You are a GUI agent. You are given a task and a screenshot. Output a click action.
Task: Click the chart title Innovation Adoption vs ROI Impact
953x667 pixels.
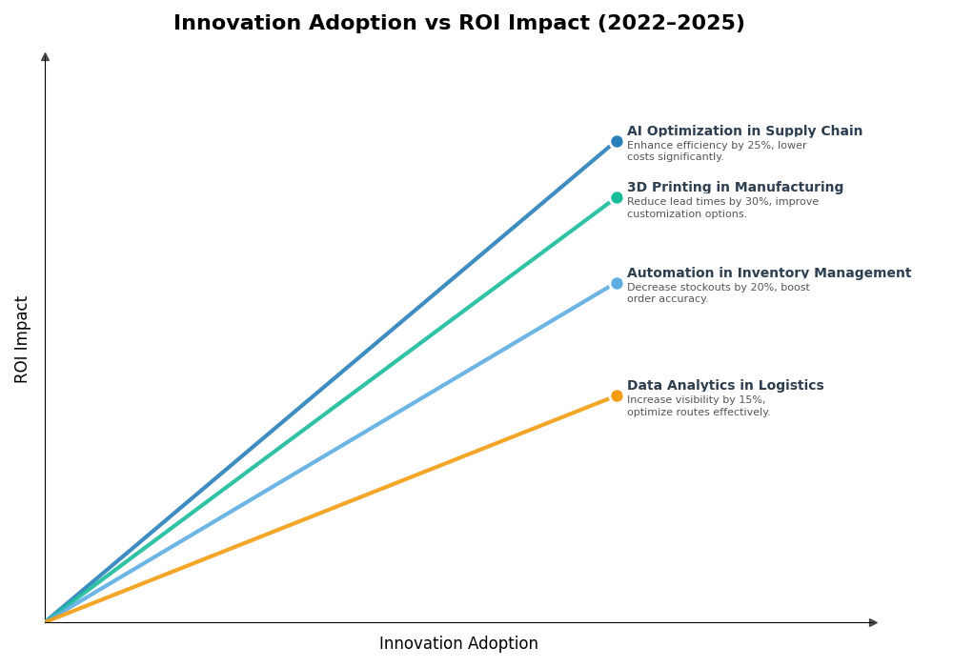click(458, 23)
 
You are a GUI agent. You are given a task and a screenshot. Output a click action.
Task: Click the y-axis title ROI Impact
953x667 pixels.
click(22, 339)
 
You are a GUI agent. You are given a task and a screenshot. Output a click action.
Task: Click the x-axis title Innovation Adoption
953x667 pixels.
click(458, 644)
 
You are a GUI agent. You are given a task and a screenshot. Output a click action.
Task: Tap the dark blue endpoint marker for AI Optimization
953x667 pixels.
click(617, 142)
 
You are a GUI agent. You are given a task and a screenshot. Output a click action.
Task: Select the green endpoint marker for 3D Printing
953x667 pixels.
click(617, 198)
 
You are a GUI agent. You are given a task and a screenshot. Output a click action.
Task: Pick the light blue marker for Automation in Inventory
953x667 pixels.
click(617, 283)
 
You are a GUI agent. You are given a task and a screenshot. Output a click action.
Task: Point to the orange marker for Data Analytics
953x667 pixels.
click(617, 396)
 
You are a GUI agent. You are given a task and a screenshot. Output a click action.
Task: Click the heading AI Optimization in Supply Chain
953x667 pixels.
click(744, 131)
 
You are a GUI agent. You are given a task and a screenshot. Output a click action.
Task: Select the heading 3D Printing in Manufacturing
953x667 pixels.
click(735, 188)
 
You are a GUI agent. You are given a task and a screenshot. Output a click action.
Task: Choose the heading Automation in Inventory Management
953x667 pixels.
click(768, 273)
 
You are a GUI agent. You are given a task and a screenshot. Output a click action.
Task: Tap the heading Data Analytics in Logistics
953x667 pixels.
click(725, 386)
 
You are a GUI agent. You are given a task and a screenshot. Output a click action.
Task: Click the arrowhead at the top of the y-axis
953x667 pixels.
click(45, 57)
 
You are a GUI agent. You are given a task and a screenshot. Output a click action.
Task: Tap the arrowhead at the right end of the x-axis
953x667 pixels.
click(873, 622)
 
